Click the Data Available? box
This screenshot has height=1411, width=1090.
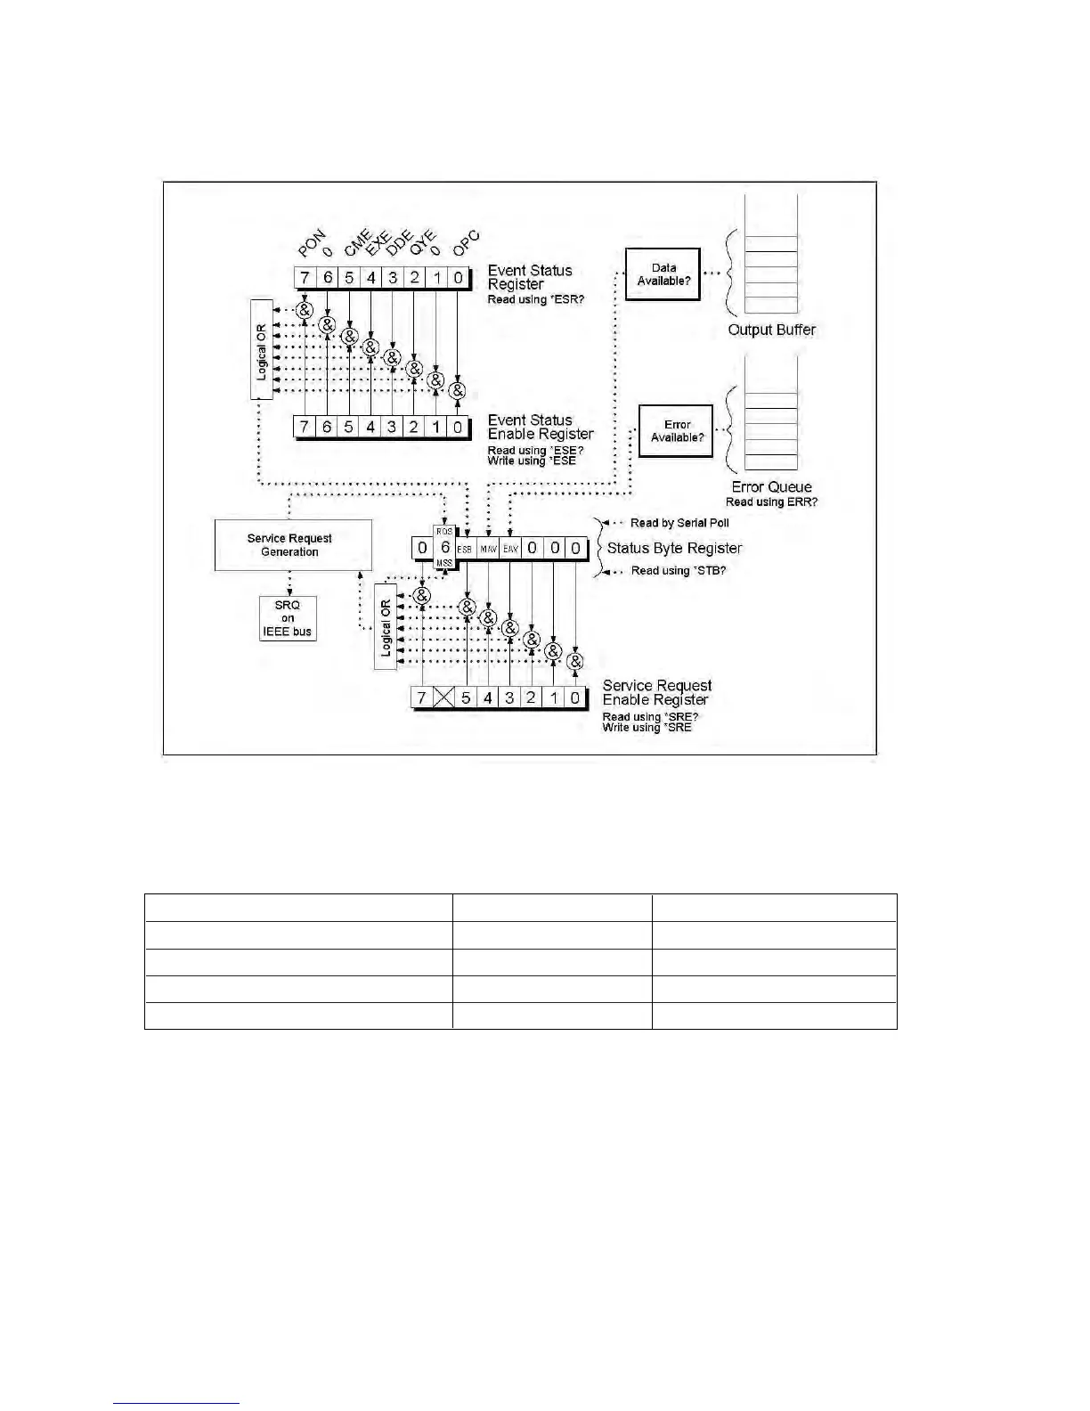(x=663, y=274)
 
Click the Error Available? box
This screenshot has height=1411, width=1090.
(x=677, y=431)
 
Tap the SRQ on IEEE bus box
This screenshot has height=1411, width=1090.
(x=288, y=618)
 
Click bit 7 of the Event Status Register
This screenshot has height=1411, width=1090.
(x=305, y=278)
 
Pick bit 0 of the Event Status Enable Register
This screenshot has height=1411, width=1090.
(x=458, y=428)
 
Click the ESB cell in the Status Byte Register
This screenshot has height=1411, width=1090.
(x=465, y=549)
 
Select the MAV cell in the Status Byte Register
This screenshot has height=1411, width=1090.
(x=488, y=549)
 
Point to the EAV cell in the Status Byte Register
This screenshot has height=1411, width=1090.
(x=510, y=549)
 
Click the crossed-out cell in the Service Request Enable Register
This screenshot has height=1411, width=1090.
(x=443, y=697)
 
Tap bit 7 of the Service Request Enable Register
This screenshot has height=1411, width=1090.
(x=422, y=697)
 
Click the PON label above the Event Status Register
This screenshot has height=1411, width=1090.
(x=312, y=243)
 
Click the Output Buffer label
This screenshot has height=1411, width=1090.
(x=771, y=330)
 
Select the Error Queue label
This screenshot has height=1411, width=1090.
(x=771, y=487)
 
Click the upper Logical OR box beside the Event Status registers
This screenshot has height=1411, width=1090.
(x=262, y=348)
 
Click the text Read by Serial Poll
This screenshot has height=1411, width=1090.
(x=679, y=523)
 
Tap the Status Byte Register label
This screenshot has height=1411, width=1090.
(x=674, y=548)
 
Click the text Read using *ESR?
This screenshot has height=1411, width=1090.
(x=535, y=300)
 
